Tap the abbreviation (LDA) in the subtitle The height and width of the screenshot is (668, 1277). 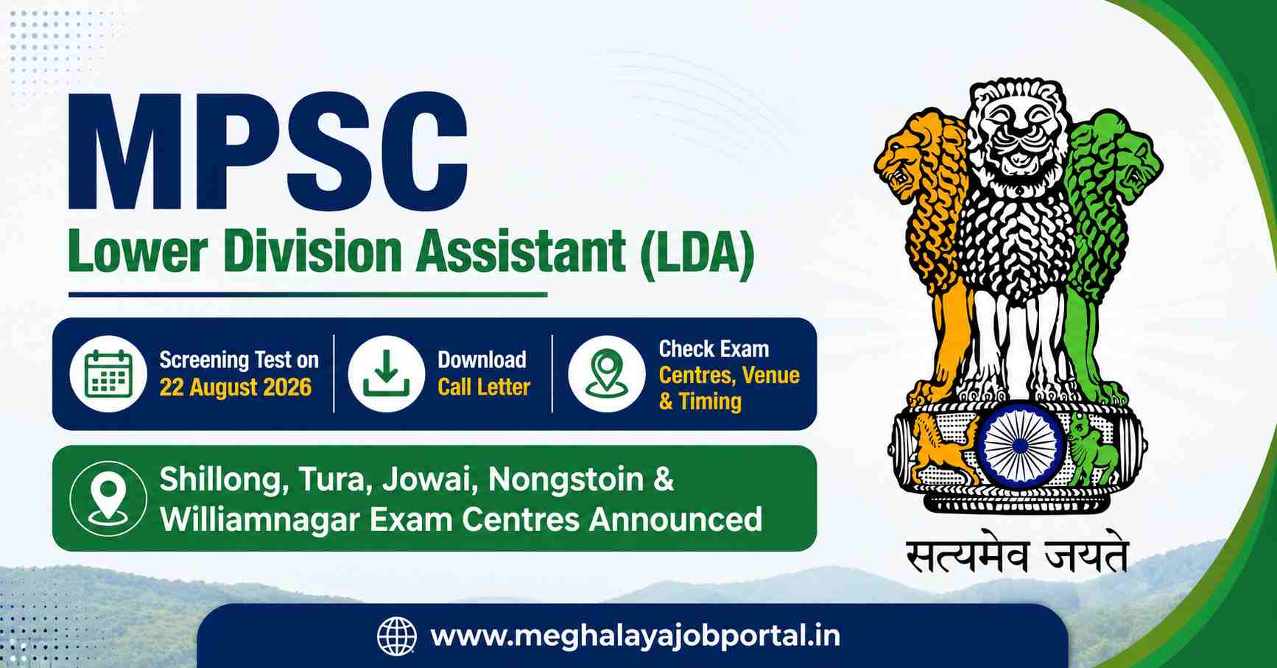(697, 252)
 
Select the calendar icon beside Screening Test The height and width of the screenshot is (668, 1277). (108, 374)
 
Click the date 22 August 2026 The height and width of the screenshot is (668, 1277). (236, 387)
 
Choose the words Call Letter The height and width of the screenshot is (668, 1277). (484, 387)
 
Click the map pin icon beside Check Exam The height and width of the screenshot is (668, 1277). (607, 374)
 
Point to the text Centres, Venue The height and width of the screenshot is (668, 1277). (729, 376)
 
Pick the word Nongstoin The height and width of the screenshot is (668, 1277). (566, 480)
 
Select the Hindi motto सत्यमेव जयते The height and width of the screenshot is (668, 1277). (1017, 557)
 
